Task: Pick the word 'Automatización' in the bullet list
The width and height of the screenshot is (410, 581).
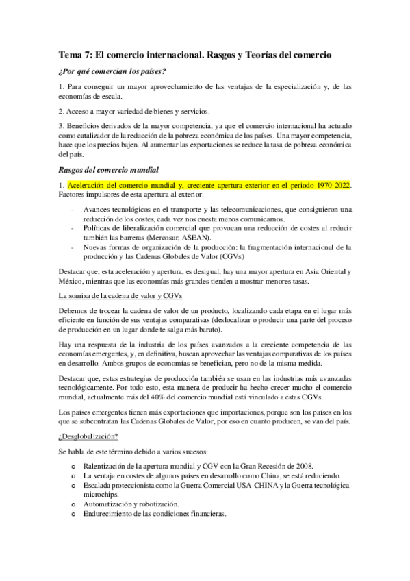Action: click(x=110, y=504)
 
